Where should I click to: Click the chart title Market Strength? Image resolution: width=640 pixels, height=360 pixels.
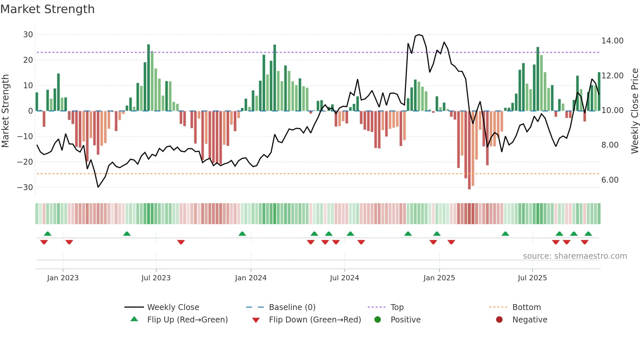(x=47, y=9)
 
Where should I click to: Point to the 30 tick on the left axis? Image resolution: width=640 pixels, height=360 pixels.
(x=28, y=35)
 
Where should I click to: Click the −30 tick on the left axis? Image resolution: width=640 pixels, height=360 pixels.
(x=25, y=188)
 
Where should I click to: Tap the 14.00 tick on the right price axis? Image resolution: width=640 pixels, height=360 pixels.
(x=612, y=41)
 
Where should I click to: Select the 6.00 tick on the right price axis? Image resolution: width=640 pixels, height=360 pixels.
(x=610, y=180)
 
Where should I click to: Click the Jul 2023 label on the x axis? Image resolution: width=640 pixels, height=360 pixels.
(x=156, y=278)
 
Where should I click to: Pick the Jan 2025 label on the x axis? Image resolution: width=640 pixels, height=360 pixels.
(x=439, y=278)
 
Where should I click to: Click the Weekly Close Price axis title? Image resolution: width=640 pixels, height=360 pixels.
(x=634, y=111)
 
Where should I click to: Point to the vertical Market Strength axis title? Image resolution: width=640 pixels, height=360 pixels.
(x=6, y=111)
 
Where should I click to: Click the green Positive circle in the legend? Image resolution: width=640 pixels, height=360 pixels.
(x=377, y=320)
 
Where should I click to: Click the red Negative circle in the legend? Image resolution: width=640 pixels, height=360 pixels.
(x=499, y=320)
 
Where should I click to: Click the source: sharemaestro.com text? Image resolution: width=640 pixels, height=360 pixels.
(x=575, y=256)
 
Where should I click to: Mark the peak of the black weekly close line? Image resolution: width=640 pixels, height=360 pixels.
(x=419, y=35)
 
